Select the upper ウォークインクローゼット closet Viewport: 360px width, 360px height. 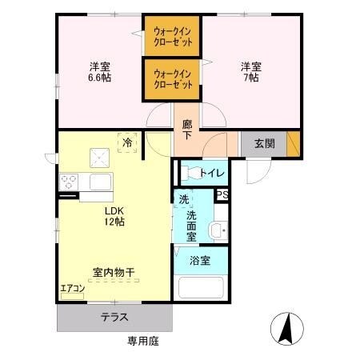coord(173,36)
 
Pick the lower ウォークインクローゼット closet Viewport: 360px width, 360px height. coord(173,79)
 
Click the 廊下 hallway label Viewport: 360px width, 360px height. coord(186,130)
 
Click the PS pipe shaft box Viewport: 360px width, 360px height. coord(222,194)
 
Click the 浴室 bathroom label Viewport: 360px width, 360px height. coord(200,260)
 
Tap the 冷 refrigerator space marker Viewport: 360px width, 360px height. coord(127,142)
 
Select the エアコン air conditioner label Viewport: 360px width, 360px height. coord(72,290)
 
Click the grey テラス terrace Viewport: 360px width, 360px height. coord(114,317)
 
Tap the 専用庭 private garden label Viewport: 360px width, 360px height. coord(143,341)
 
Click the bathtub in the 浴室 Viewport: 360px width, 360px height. coord(201,286)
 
